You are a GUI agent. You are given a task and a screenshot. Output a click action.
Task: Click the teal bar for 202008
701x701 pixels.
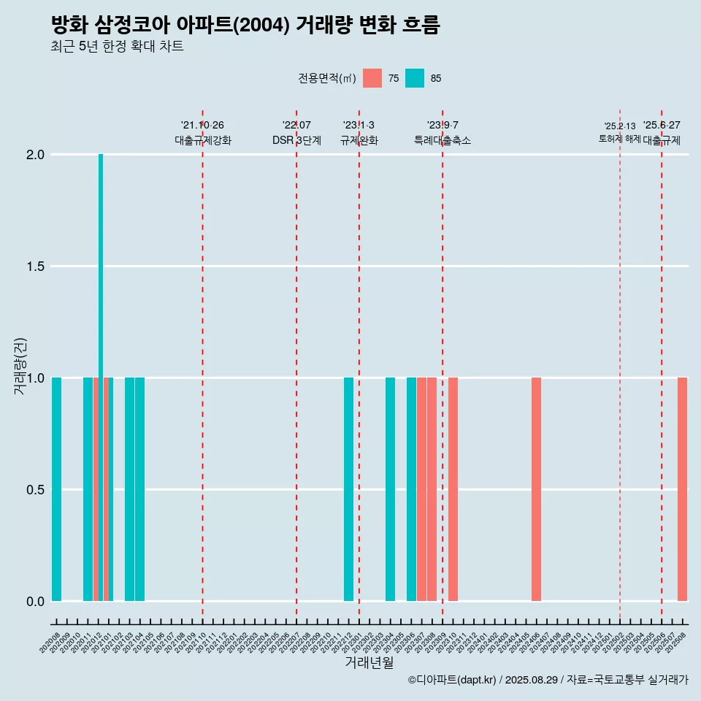pyautogui.click(x=56, y=489)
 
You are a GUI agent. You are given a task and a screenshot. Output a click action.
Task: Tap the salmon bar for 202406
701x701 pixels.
pyautogui.click(x=536, y=489)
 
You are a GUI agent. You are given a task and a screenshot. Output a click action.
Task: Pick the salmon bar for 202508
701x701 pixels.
pyautogui.click(x=682, y=489)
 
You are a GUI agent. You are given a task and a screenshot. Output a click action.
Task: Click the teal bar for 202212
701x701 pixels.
pyautogui.click(x=348, y=489)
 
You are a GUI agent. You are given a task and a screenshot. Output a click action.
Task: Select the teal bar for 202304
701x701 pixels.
pyautogui.click(x=390, y=489)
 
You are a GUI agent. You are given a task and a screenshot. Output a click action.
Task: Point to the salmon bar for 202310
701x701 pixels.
pyautogui.click(x=453, y=489)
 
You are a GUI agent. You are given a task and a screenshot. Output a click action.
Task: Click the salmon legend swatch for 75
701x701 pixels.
pyautogui.click(x=372, y=78)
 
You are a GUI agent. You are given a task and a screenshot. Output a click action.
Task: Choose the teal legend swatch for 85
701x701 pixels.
pyautogui.click(x=415, y=78)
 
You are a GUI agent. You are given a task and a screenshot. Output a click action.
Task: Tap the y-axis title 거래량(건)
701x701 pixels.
pyautogui.click(x=20, y=365)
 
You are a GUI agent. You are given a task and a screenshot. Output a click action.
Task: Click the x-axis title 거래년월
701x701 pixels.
pyautogui.click(x=369, y=663)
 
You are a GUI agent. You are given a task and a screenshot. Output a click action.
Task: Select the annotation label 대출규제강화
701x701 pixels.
pyautogui.click(x=203, y=140)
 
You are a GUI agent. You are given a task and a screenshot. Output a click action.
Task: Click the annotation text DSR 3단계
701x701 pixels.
pyautogui.click(x=296, y=140)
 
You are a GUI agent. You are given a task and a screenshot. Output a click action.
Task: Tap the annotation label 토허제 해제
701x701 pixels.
pyautogui.click(x=619, y=139)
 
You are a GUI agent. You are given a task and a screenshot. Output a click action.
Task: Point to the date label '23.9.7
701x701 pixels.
pyautogui.click(x=443, y=125)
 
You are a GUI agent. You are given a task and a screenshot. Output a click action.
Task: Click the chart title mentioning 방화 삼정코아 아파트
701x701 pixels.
pyautogui.click(x=245, y=26)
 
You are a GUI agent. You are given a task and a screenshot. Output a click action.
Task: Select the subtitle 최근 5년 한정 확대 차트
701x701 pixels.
pyautogui.click(x=117, y=47)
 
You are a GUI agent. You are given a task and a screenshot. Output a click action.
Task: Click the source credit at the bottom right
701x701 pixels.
pyautogui.click(x=548, y=680)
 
